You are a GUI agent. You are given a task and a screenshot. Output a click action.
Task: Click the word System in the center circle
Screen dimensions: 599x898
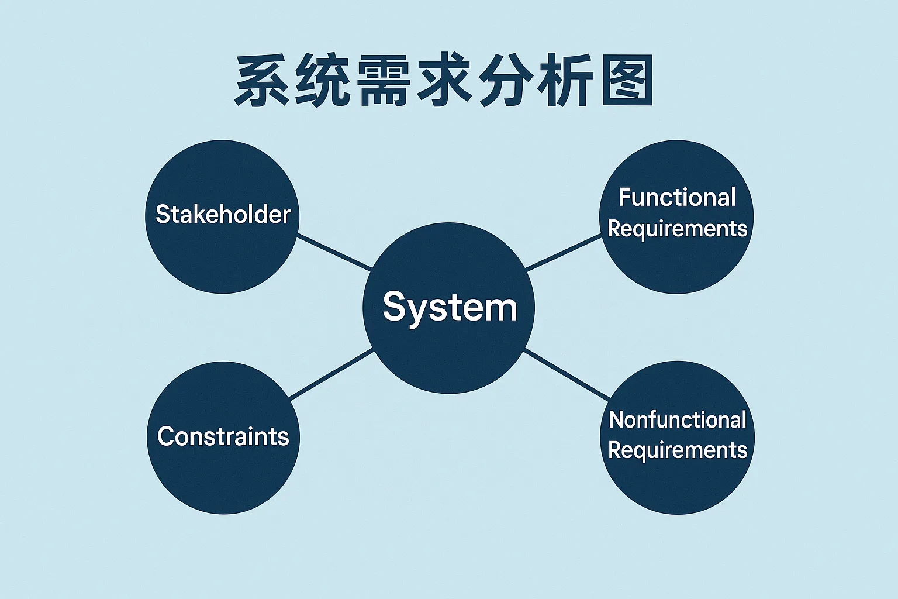[x=450, y=307]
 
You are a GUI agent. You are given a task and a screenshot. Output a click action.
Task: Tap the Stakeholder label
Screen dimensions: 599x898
[x=223, y=214]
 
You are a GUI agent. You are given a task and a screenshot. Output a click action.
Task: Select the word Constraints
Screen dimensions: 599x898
[x=223, y=436]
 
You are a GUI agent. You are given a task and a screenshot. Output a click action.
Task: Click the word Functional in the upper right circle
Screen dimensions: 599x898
[x=677, y=198]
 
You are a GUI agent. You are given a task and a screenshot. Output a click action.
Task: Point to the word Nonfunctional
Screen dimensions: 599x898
[x=677, y=420]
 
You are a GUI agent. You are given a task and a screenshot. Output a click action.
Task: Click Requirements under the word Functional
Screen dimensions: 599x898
[x=677, y=229]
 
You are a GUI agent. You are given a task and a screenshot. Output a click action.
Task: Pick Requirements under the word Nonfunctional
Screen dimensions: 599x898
[x=677, y=450]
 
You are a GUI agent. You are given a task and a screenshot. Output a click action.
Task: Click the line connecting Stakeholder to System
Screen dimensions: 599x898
[x=334, y=252]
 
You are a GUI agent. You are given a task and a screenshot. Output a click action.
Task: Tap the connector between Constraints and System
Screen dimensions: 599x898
[x=331, y=374]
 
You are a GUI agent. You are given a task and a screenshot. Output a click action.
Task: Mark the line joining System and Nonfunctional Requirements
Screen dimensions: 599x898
[x=567, y=374]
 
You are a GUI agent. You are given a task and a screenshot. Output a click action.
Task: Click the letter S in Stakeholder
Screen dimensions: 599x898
[x=162, y=214]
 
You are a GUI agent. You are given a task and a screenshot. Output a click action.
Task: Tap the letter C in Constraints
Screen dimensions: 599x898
[x=165, y=436]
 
